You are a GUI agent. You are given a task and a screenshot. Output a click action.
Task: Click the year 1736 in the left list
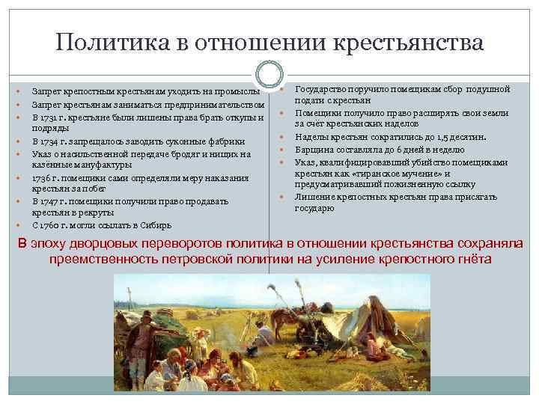[x=43, y=177]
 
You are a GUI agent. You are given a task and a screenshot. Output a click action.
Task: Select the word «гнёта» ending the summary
[x=472, y=259]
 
